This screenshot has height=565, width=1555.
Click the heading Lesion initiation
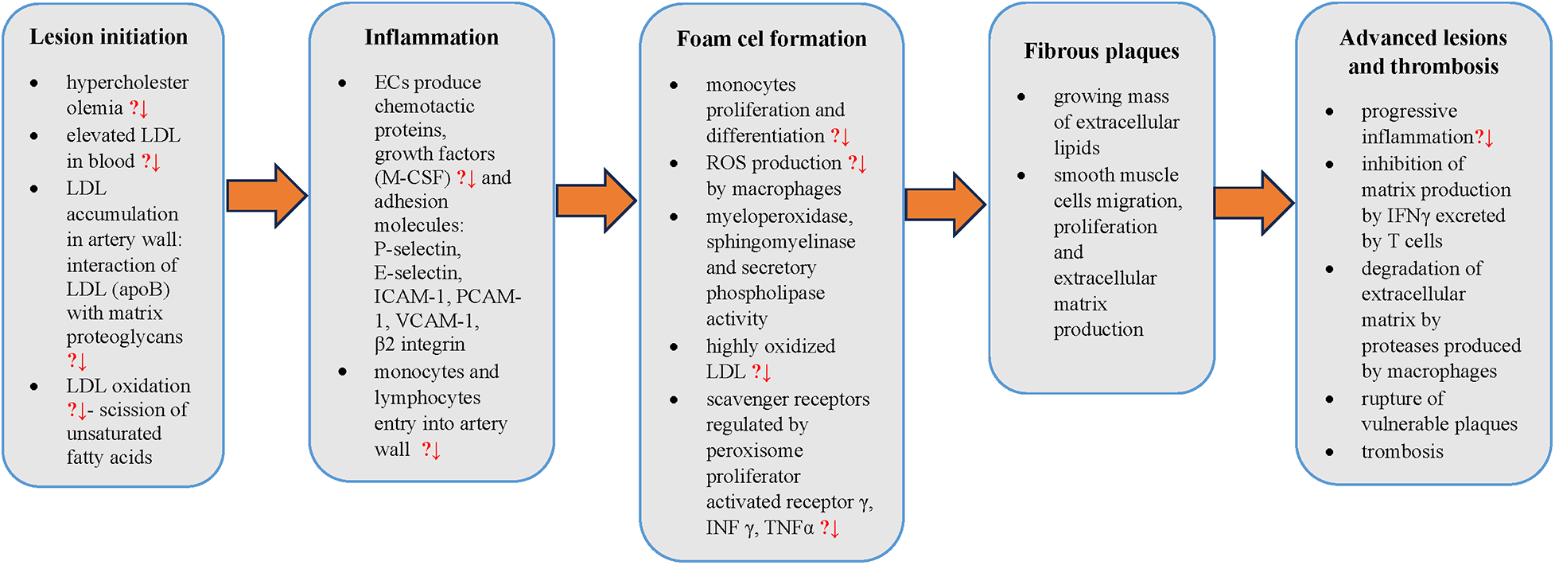click(108, 37)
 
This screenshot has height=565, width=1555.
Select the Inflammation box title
click(431, 37)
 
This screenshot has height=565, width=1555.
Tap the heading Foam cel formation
click(771, 39)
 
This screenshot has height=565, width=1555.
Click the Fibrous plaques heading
click(1101, 51)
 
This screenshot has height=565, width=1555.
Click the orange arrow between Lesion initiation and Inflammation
click(266, 196)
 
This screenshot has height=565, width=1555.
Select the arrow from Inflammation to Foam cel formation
click(595, 201)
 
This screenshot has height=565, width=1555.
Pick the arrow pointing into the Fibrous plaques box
click(944, 205)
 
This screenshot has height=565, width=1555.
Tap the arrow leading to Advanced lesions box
click(1253, 203)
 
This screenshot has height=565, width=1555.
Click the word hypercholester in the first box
click(127, 83)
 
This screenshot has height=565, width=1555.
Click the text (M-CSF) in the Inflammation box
click(412, 177)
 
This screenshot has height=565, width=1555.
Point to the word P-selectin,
click(418, 249)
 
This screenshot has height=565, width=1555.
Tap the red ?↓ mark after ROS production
click(857, 164)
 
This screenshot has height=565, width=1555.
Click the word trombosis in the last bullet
click(1401, 452)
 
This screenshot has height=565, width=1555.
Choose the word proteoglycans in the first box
click(124, 337)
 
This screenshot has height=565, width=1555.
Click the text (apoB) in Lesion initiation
click(141, 290)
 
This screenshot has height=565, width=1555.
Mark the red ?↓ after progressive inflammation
click(1484, 138)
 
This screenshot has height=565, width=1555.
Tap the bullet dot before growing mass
click(1021, 97)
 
